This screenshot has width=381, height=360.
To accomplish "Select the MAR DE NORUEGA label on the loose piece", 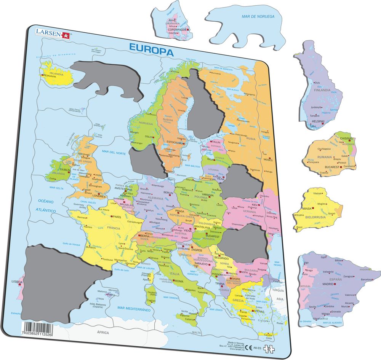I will [x=258, y=16].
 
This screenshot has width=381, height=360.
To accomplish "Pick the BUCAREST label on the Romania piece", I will [x=332, y=167].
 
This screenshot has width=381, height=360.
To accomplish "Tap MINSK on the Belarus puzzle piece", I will [x=307, y=209].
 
